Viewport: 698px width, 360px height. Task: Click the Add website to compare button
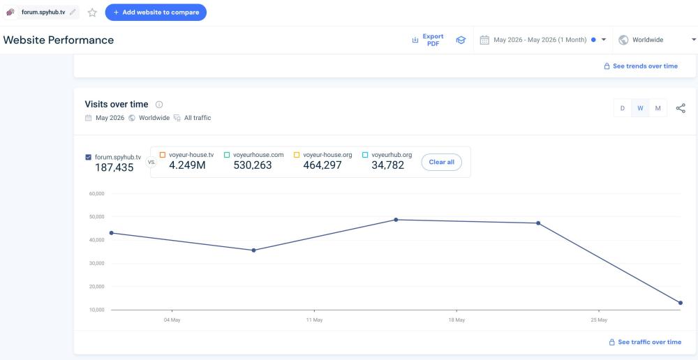click(x=156, y=12)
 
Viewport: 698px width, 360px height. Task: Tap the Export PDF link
click(x=433, y=40)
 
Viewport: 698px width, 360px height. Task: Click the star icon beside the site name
click(x=92, y=13)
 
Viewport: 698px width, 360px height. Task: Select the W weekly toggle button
click(x=640, y=108)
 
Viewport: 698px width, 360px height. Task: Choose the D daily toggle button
click(x=623, y=108)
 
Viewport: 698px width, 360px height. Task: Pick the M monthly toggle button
click(x=658, y=108)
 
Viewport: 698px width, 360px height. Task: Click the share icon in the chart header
click(x=681, y=108)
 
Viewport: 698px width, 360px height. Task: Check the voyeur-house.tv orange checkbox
click(x=163, y=155)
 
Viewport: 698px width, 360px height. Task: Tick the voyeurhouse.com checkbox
click(x=227, y=155)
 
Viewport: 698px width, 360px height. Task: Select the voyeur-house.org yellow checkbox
click(x=297, y=155)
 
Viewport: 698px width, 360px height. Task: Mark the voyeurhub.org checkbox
click(x=365, y=155)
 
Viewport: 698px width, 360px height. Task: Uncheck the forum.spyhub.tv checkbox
click(x=88, y=157)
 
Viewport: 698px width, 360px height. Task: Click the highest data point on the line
click(x=396, y=220)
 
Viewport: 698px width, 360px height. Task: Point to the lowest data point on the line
click(x=681, y=303)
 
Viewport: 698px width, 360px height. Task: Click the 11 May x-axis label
click(x=314, y=320)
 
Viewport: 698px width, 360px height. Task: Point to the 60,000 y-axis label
click(x=96, y=193)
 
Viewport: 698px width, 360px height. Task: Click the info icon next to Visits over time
click(x=159, y=105)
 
